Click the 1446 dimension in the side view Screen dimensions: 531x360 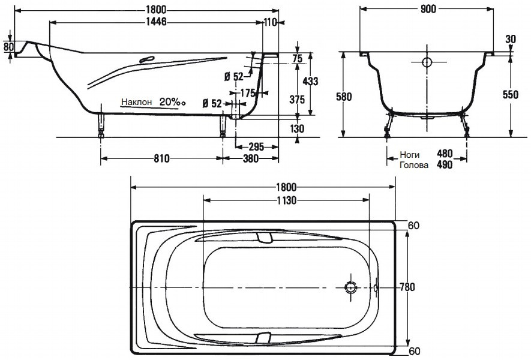156,22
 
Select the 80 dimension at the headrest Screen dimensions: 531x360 8,47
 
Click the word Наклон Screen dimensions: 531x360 137,101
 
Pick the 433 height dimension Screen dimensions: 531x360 310,81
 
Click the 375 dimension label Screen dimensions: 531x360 297,99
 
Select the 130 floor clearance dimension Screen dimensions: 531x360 297,128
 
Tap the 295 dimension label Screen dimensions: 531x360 256,147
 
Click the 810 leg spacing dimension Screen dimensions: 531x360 161,158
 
